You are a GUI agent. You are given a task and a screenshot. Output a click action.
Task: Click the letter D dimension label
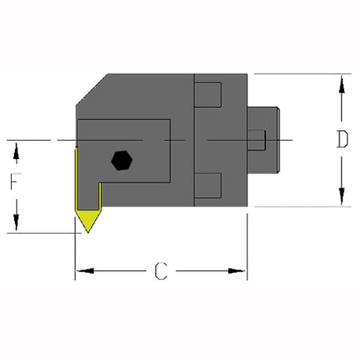(341, 140)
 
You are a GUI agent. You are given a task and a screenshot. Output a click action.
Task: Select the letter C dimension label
(160, 271)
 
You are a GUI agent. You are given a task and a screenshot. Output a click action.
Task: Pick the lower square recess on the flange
(209, 184)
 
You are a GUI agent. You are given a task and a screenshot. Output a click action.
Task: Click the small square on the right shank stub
(256, 139)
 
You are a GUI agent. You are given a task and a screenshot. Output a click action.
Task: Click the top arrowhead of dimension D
(342, 82)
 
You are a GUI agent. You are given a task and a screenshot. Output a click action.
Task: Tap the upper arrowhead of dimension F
(16, 147)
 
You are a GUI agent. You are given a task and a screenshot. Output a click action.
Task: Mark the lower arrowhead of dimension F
(16, 226)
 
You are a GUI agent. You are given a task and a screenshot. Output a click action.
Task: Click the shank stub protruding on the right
(264, 140)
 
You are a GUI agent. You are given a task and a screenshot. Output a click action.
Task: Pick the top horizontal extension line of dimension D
(300, 73)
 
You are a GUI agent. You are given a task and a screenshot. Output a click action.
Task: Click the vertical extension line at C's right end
(247, 247)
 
